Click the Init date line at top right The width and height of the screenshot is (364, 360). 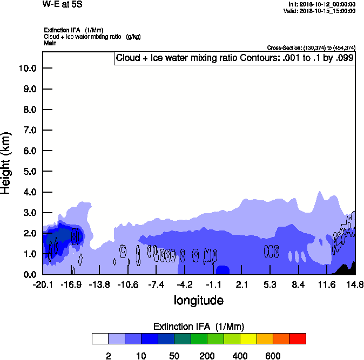pyautogui.click(x=322, y=4)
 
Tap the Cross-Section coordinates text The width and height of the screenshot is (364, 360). pyautogui.click(x=311, y=47)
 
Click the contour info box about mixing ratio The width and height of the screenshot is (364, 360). pyautogui.click(x=234, y=58)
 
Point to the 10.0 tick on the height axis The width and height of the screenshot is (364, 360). pyautogui.click(x=26, y=68)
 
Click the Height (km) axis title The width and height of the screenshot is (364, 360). pyautogui.click(x=6, y=162)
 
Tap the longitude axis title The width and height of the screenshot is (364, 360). pyautogui.click(x=198, y=300)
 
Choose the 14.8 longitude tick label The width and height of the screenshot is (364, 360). pyautogui.click(x=355, y=284)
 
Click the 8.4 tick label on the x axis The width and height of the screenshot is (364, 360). pyautogui.click(x=299, y=284)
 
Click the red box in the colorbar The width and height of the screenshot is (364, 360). pyautogui.click(x=298, y=338)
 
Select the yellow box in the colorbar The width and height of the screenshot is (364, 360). pyautogui.click(x=248, y=338)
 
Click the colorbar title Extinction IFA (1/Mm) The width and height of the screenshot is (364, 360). pyautogui.click(x=199, y=327)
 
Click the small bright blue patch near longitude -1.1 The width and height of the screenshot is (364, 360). pyautogui.click(x=223, y=270)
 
